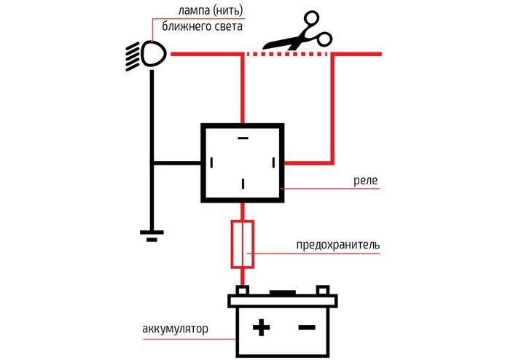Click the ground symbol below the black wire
pos(152,235)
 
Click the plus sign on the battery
pos(259,328)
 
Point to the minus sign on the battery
pos(307,328)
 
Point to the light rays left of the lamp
pos(133,55)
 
